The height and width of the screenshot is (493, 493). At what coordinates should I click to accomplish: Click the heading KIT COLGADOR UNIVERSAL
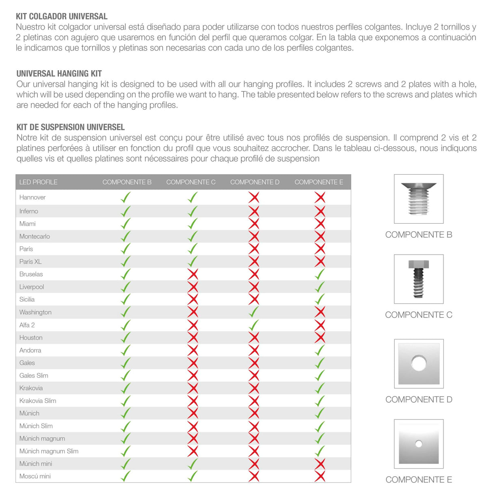coord(61,17)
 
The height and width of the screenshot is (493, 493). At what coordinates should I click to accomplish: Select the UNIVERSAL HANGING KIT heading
coord(59,74)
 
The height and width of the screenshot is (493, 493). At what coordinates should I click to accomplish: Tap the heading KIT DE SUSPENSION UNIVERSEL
coord(70,127)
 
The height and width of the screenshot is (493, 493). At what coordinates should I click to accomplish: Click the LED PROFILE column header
coord(38,182)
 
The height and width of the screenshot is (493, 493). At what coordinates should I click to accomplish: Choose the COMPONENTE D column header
coord(255,182)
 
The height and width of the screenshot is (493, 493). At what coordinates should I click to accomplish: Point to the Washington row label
coord(35,312)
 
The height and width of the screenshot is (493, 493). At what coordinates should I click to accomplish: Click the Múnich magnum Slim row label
coord(49,451)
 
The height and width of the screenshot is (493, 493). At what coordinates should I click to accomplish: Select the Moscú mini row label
coord(35,476)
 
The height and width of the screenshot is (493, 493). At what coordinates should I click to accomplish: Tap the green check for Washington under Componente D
coord(254,312)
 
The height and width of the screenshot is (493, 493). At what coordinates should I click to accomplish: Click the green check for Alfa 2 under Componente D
coord(254,325)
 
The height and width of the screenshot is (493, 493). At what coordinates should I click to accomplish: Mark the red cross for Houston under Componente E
coord(320,337)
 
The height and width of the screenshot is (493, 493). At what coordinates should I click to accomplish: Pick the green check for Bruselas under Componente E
coord(320,274)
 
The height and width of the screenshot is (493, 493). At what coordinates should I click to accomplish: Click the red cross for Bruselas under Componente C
coord(193,274)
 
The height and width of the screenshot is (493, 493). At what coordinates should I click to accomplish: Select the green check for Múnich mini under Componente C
coord(193,464)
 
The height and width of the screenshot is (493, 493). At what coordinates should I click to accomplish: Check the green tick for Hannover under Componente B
coord(126,198)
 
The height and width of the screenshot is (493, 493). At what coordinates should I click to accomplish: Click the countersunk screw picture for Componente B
coord(419,199)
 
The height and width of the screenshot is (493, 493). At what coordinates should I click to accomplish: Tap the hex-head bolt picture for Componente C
coord(419,279)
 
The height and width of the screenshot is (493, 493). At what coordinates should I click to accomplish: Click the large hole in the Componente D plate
coord(419,363)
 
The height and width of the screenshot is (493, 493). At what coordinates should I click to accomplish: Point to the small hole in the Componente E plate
coord(419,444)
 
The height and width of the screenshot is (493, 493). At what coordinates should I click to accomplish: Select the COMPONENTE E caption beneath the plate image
coord(419,480)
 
